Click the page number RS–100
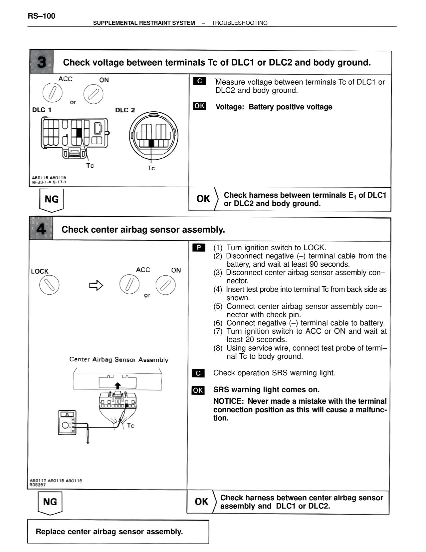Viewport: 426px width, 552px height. click(x=42, y=16)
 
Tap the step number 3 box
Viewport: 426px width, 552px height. click(x=42, y=62)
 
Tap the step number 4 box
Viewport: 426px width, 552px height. click(x=41, y=229)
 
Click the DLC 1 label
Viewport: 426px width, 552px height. click(x=42, y=110)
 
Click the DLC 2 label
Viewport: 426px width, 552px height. click(x=125, y=110)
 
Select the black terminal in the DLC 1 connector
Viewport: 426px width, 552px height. click(x=79, y=133)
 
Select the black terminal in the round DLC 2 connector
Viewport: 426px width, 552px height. click(x=151, y=143)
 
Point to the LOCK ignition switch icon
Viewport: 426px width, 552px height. click(x=49, y=285)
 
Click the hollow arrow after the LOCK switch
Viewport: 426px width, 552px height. click(x=96, y=285)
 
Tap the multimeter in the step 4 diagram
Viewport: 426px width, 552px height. click(x=67, y=422)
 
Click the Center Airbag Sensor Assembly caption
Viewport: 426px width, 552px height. click(x=118, y=360)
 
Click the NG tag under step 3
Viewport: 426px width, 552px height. click(x=52, y=199)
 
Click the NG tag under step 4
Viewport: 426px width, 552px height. click(x=50, y=502)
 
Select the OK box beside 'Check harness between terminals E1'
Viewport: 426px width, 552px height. click(x=203, y=199)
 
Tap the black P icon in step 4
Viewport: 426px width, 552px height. click(x=199, y=248)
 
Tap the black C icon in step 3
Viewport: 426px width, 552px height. click(x=199, y=81)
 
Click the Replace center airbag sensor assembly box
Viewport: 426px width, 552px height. click(x=118, y=532)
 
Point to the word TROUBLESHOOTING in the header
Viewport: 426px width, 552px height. click(x=239, y=23)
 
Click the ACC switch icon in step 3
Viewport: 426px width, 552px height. click(x=53, y=93)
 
